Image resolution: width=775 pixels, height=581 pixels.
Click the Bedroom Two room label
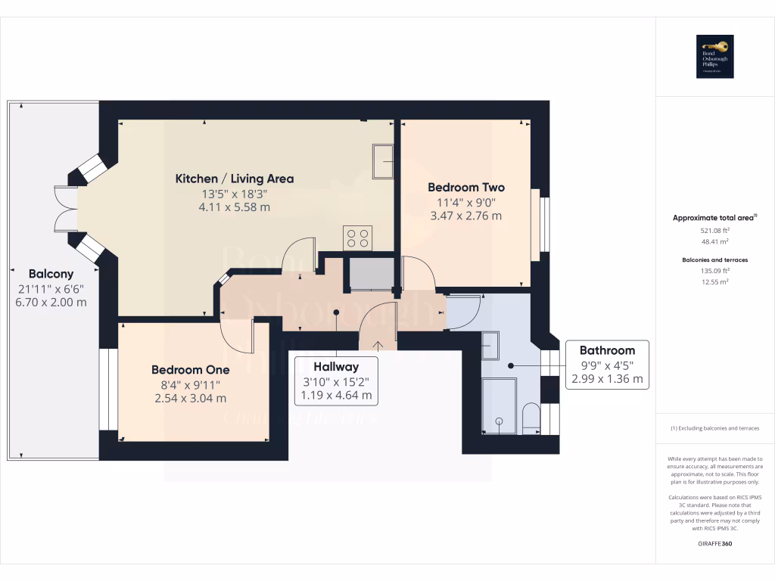point(465,187)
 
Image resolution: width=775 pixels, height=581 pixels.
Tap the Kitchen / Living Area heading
point(235,179)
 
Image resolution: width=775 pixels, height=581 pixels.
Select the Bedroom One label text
point(190,370)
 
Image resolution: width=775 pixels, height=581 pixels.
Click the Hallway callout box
point(337,381)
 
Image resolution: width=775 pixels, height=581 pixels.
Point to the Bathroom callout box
point(607,364)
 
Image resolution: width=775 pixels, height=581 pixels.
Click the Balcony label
point(51,274)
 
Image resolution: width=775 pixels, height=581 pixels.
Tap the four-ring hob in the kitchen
point(357,238)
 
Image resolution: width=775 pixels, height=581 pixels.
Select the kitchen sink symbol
point(383,160)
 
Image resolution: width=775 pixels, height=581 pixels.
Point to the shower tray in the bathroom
point(499,406)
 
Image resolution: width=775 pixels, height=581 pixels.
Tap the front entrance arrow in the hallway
point(376,345)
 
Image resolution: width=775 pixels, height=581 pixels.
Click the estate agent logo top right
point(715,57)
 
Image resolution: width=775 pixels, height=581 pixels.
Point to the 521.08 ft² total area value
point(714,230)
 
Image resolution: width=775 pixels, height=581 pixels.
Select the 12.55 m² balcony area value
point(714,281)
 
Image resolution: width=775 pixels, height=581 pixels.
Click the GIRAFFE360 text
point(714,543)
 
